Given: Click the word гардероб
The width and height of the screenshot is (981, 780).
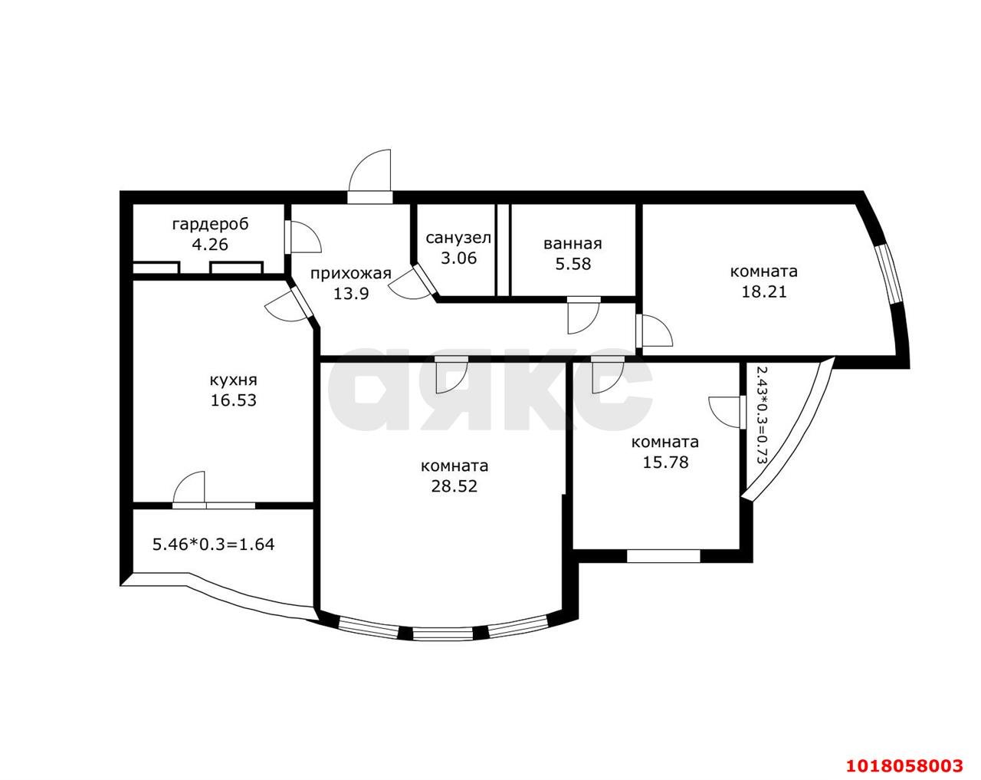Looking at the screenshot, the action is (x=211, y=225).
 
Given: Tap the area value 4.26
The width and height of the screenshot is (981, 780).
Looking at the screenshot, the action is (x=210, y=245).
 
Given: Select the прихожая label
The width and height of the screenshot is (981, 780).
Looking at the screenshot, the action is (x=350, y=274).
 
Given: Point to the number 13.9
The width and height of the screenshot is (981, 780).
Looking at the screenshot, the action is (x=350, y=294).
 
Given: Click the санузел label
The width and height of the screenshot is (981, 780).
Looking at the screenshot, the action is (x=458, y=239).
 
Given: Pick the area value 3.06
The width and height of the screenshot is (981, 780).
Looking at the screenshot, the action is (x=458, y=258).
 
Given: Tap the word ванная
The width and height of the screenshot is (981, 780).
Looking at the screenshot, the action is (x=573, y=244).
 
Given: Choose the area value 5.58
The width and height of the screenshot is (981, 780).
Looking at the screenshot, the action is (x=573, y=264).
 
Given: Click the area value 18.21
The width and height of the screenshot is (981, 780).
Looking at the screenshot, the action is (x=764, y=292).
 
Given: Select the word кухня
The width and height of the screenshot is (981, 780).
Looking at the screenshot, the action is (x=234, y=380).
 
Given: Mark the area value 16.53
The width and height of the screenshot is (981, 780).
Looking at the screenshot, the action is (x=234, y=400).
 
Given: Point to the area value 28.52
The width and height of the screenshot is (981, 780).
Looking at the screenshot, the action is (x=454, y=486).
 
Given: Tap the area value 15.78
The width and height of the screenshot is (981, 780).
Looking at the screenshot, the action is (x=665, y=462).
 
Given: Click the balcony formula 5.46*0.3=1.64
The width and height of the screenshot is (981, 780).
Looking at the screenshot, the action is (x=213, y=545).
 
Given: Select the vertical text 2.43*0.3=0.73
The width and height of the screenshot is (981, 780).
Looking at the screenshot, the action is (x=761, y=416).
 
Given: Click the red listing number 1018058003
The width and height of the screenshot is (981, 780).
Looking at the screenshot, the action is (x=904, y=752).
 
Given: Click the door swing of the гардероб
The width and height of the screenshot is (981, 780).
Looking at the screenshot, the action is (x=306, y=237).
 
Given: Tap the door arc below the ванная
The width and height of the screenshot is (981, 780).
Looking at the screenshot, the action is (x=583, y=318).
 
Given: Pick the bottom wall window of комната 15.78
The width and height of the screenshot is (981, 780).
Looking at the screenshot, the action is (x=663, y=556).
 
